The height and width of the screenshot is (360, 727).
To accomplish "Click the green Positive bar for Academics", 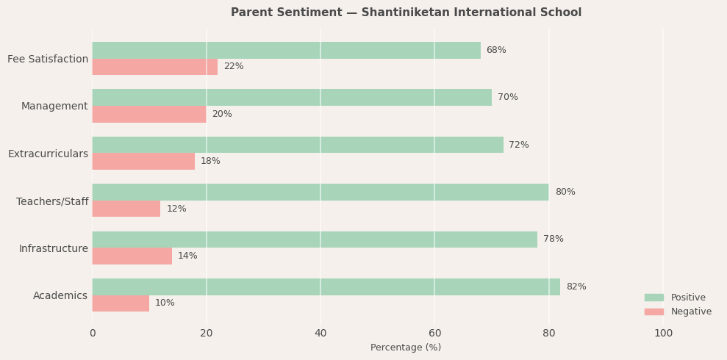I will [x=326, y=287].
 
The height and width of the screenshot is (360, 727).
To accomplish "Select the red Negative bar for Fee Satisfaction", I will [x=154, y=67].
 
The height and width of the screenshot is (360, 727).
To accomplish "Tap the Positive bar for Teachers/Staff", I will [x=320, y=192].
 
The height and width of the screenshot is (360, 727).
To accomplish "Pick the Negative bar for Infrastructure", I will [x=132, y=256].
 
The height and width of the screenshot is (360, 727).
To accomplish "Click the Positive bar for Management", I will [x=292, y=97].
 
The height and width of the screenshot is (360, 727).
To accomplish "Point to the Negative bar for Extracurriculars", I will [x=143, y=161].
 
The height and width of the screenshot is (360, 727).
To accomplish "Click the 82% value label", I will [x=576, y=287].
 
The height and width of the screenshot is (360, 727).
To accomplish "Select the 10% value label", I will [x=165, y=303].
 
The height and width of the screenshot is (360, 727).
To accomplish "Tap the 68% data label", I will [x=496, y=50].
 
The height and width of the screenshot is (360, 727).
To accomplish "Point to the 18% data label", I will [x=210, y=161].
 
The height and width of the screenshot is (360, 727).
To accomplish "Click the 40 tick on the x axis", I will [x=320, y=334].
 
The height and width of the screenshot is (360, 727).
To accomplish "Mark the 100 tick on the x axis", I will [x=663, y=334].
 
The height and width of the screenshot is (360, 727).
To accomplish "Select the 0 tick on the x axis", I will [x=93, y=334].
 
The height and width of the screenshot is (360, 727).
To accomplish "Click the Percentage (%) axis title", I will [x=406, y=348].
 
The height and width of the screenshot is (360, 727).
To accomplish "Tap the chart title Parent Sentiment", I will [x=406, y=12].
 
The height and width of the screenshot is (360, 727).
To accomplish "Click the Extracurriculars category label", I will [x=48, y=154].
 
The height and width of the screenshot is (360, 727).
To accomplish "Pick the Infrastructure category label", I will [x=53, y=248].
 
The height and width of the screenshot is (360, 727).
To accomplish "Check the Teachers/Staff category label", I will [x=52, y=201].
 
